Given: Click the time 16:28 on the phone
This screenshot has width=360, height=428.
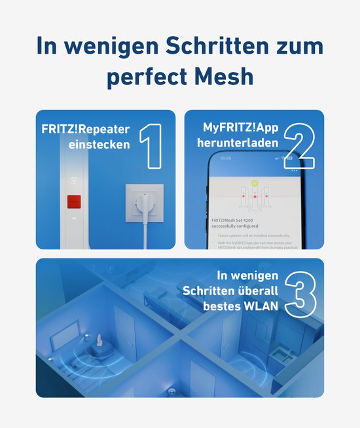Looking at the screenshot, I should point(226,158).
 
